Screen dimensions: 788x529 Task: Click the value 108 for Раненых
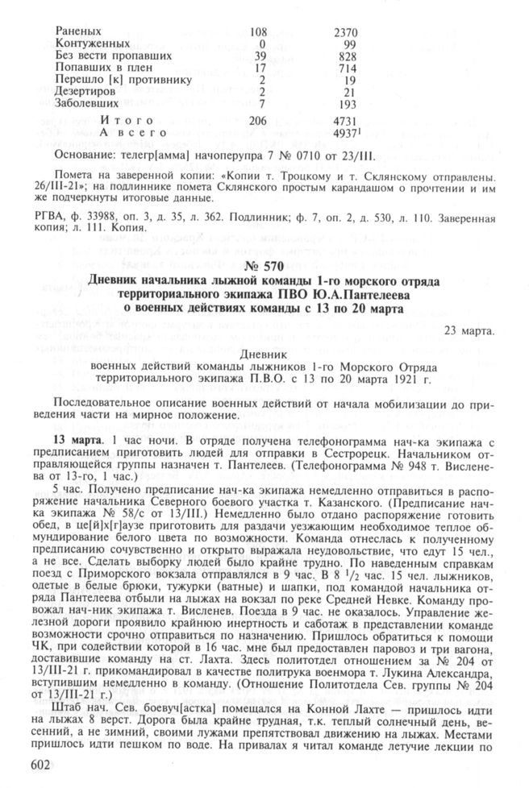point(259,32)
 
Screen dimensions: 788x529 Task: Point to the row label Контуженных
point(94,44)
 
